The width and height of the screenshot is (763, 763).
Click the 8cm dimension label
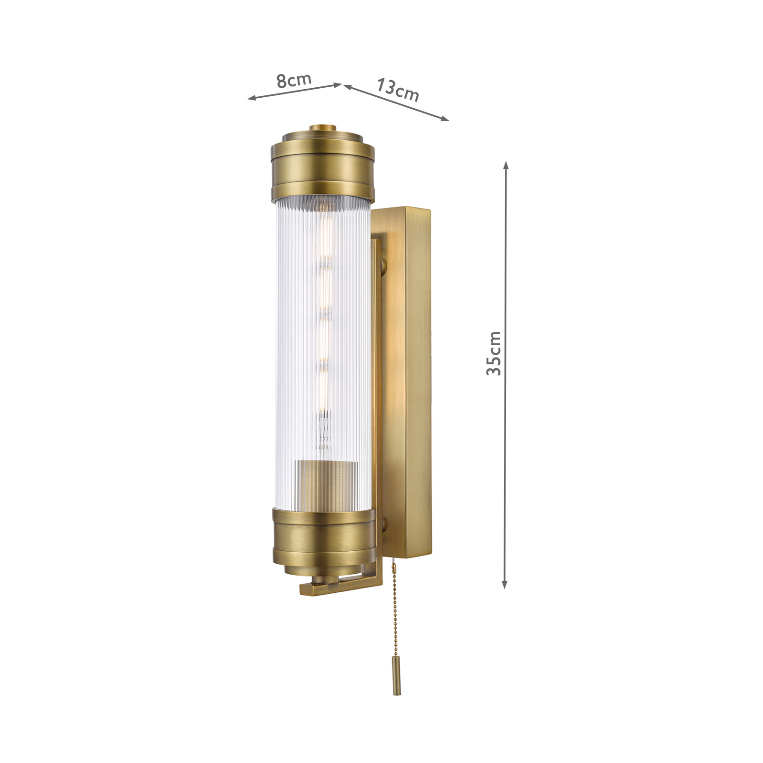coord(294,81)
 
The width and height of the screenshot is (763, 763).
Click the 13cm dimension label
coord(398,90)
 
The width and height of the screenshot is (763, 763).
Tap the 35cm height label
coord(494,353)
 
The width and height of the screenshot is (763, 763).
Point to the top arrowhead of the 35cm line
coord(506,165)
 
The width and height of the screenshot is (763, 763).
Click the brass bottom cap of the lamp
coord(322,536)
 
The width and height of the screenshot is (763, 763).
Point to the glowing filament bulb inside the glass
coord(325,334)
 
